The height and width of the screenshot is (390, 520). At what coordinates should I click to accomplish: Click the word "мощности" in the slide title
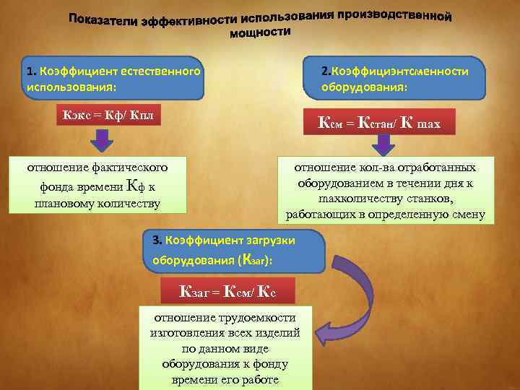[260, 33]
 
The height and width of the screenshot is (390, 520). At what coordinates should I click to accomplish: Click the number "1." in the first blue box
[31, 71]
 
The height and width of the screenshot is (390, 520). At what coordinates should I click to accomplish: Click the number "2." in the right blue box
[326, 71]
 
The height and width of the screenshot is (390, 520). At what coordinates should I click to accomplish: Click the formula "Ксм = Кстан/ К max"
[378, 123]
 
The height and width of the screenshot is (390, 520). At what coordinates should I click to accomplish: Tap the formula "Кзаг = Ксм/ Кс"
[227, 291]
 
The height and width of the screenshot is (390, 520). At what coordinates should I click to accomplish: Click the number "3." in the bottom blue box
[157, 239]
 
